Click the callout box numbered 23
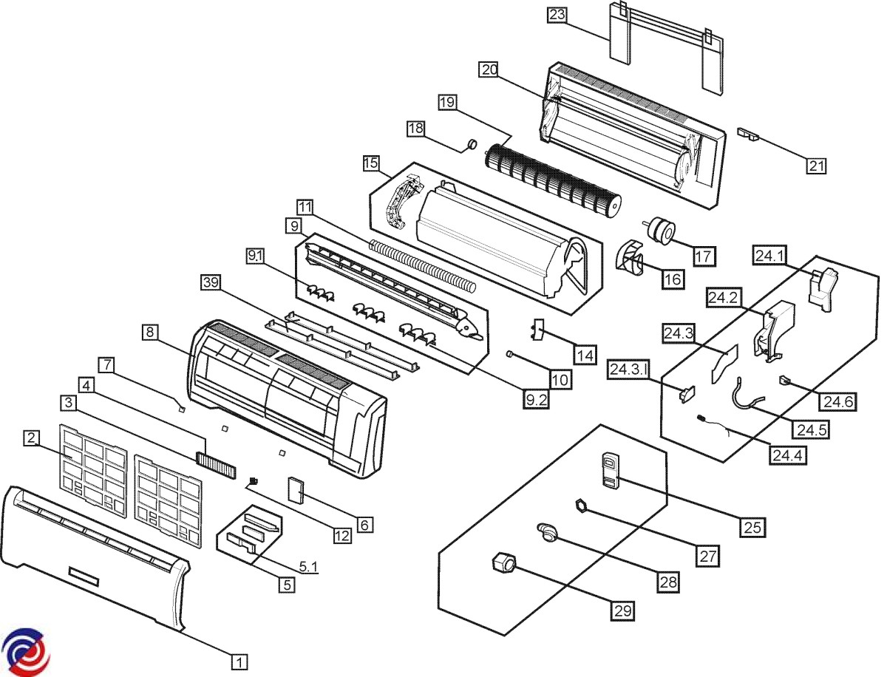(557, 14)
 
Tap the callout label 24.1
(769, 255)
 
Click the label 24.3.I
(628, 367)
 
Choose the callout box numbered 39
(211, 283)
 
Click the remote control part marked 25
(609, 471)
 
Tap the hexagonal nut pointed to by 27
(581, 506)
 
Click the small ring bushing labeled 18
(468, 143)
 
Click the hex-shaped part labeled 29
(501, 564)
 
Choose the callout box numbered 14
(585, 355)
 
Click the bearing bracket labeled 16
(631, 260)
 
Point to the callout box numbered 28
(668, 582)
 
